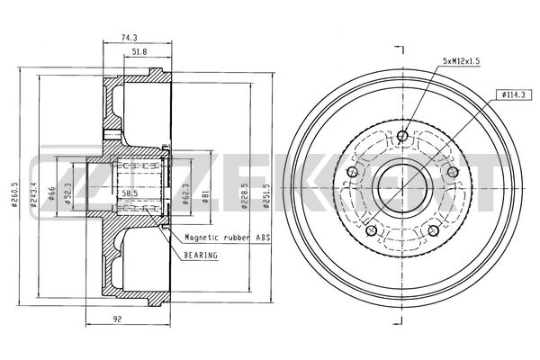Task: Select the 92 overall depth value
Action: click(118, 317)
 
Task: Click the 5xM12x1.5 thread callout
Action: click(462, 60)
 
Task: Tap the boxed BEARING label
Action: click(202, 255)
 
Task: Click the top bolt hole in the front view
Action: click(402, 138)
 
